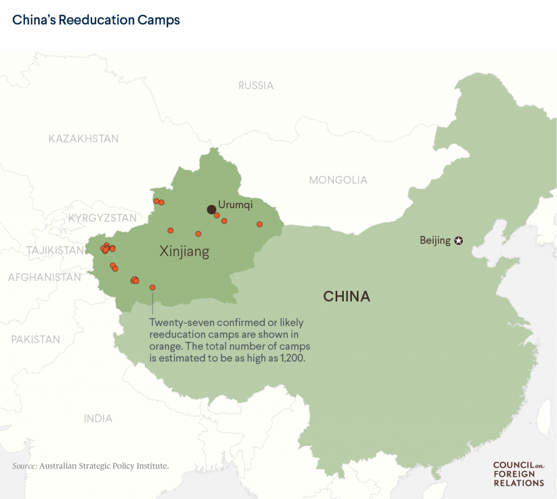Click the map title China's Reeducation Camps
point(96,21)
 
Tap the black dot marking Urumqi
point(211,209)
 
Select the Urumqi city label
point(235,205)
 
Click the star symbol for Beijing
point(459,240)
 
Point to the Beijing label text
point(435,240)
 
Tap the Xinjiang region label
point(184,251)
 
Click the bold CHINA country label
point(346,296)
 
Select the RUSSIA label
point(256,85)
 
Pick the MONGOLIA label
point(338,180)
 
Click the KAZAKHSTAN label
point(83,139)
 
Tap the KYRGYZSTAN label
point(102,219)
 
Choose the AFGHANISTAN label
point(44,277)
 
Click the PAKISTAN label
point(35,339)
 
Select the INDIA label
point(98,419)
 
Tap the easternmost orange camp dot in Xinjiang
point(259,224)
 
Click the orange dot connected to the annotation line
point(152,287)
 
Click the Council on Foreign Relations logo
point(518,473)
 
